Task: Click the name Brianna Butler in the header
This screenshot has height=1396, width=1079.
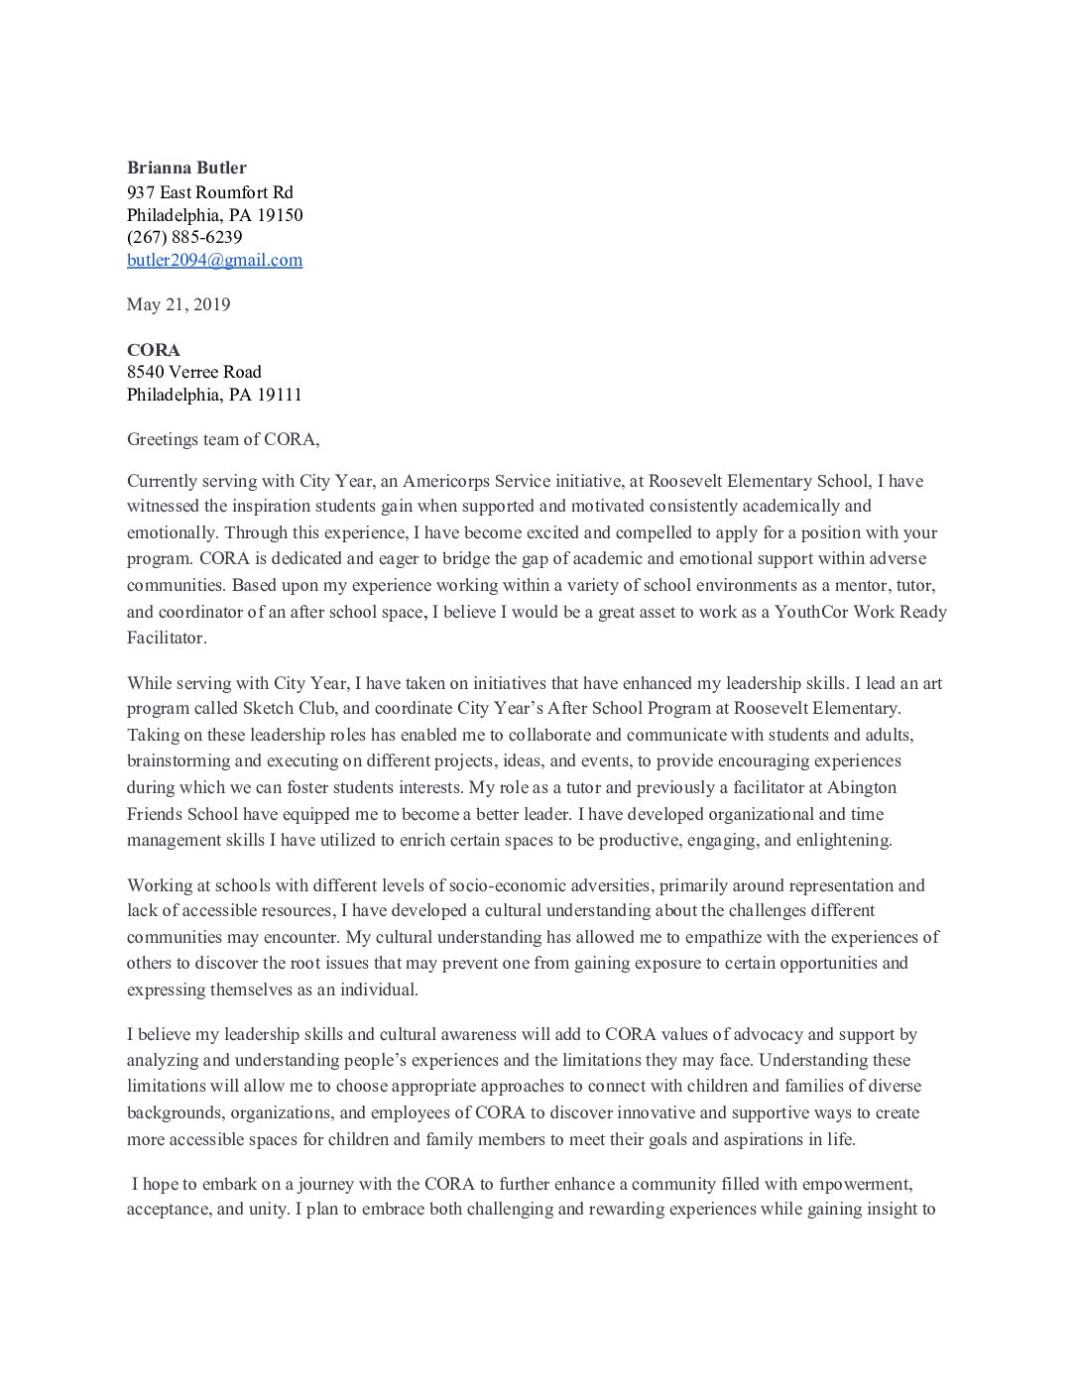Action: click(186, 168)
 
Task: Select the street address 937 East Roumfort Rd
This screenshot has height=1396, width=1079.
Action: click(209, 192)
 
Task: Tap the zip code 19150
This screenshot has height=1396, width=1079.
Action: click(280, 215)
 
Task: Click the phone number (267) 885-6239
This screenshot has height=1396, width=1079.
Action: click(184, 237)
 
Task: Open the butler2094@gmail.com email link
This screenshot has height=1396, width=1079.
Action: click(214, 260)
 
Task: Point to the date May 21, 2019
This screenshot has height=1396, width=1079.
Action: click(179, 304)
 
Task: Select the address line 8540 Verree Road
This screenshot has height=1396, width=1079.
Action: click(194, 372)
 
